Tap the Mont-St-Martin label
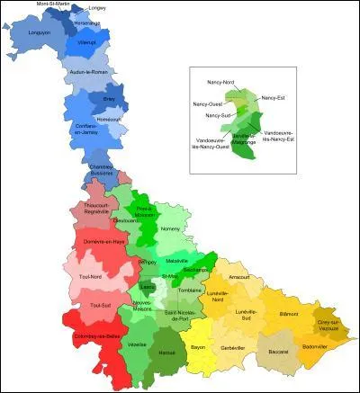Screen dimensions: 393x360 [x=54, y=4]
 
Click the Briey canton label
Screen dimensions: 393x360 [x=110, y=100]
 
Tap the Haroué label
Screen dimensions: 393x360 [x=166, y=353]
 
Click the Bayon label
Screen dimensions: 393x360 [x=199, y=346]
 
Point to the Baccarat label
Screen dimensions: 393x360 [x=279, y=351]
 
